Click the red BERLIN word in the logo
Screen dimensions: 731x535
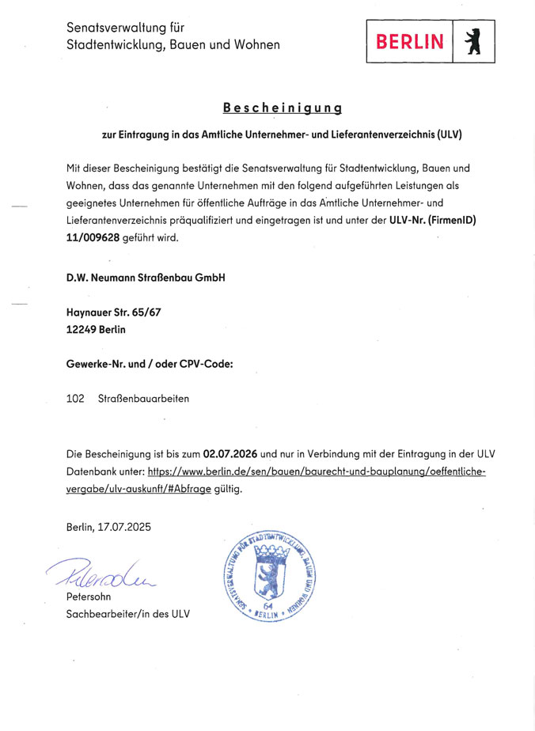[410, 42]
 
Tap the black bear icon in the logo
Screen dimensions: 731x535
[474, 42]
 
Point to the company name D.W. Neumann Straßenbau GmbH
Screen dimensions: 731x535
[146, 278]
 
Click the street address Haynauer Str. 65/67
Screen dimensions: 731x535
[114, 312]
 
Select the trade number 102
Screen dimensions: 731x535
[76, 399]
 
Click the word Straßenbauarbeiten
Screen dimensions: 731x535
[143, 399]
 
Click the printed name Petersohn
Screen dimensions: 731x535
[89, 597]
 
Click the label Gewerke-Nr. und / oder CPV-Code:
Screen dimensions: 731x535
[150, 364]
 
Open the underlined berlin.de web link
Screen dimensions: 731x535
[317, 472]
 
